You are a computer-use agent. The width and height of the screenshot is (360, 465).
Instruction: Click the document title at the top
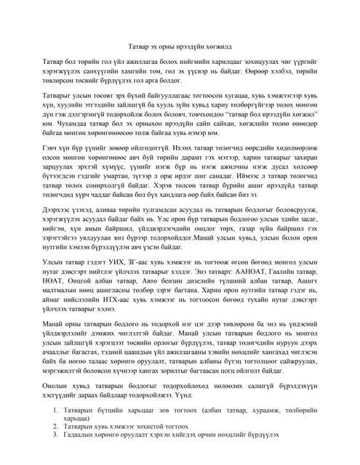pyautogui.click(x=179, y=44)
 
